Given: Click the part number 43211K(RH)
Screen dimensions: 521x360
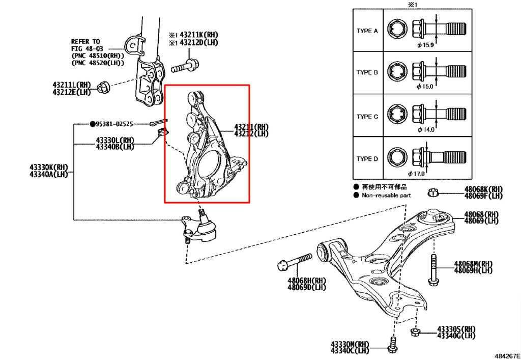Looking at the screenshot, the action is tap(199, 35).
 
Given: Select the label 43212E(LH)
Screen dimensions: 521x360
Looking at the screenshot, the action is tap(71, 92).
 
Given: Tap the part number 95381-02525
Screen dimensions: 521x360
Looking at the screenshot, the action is tap(114, 124).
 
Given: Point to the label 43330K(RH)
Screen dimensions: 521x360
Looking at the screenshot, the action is tap(48, 167).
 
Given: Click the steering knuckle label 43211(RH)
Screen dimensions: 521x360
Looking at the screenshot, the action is tap(251, 127).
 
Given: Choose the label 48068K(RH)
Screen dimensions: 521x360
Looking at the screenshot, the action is tap(483, 189).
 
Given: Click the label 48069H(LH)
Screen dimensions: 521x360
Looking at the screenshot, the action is tap(473, 270).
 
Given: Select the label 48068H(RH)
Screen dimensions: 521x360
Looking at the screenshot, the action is tap(307, 281).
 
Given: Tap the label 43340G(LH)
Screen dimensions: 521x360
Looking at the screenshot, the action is tap(456, 336).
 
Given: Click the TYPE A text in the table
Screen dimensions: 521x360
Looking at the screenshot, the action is tap(367, 31).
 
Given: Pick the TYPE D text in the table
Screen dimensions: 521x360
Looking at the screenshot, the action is tap(367, 159).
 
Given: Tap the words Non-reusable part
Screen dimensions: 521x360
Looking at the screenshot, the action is tap(387, 196).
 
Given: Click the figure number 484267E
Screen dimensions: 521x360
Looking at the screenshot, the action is tap(507, 356).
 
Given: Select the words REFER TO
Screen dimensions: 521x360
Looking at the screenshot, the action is tap(85, 42).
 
